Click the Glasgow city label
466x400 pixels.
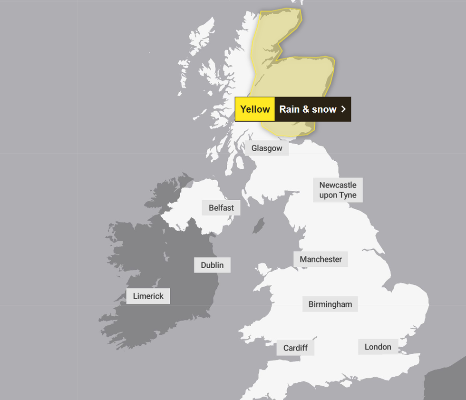(267, 148)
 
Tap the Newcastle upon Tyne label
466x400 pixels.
(338, 190)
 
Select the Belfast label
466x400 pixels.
(221, 208)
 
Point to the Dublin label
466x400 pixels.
(212, 265)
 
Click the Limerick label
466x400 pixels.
(148, 296)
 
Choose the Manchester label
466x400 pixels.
(320, 259)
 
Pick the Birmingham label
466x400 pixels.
(330, 304)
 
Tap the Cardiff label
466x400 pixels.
(295, 348)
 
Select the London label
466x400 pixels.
(378, 347)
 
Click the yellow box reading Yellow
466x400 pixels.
(255, 109)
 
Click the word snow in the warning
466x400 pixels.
(324, 109)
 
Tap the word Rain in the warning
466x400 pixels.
(289, 109)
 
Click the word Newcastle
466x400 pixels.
(338, 185)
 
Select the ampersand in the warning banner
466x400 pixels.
(306, 109)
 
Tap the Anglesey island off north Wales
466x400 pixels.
(263, 272)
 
